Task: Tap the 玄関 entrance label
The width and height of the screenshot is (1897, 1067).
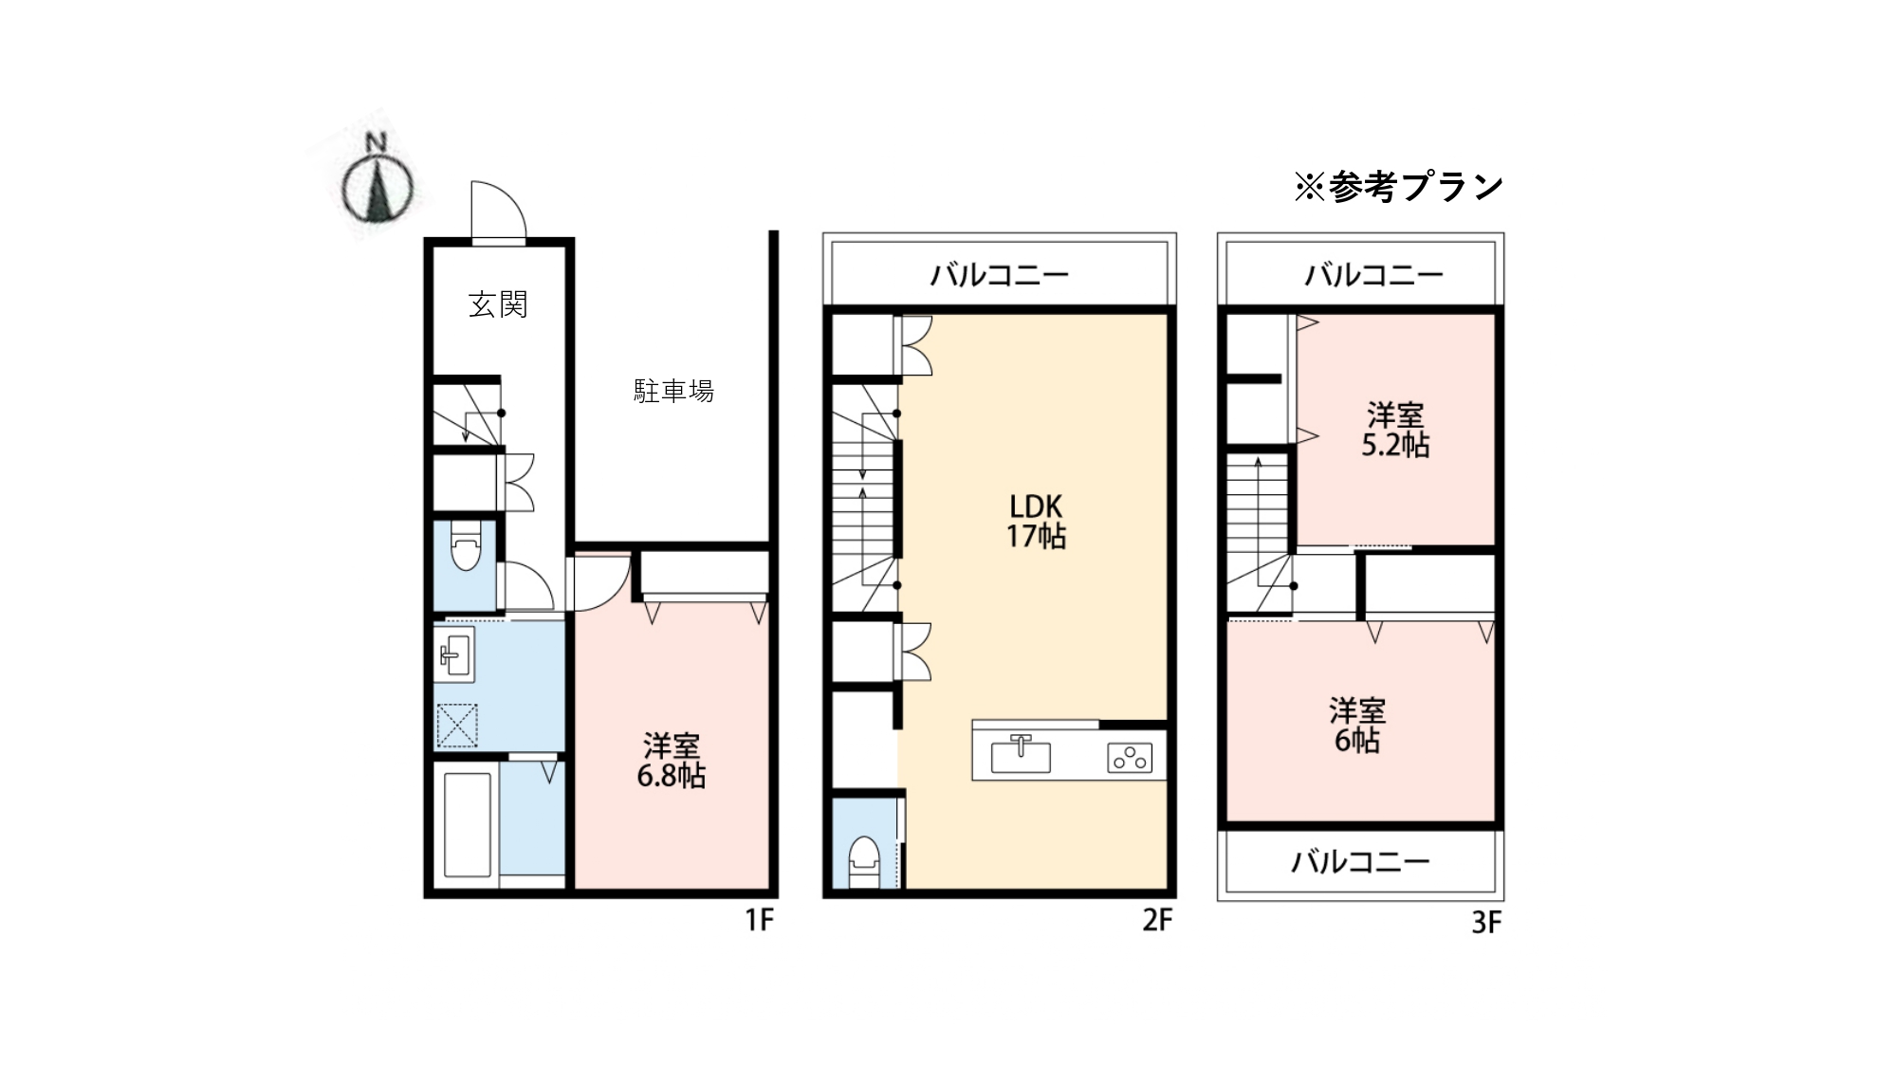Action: tap(498, 304)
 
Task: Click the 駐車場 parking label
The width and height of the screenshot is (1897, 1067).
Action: tap(673, 391)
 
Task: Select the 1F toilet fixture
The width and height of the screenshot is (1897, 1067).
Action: tap(465, 546)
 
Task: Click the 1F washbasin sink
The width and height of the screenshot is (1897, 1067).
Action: tap(456, 653)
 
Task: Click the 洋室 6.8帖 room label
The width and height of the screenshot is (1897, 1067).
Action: tap(672, 761)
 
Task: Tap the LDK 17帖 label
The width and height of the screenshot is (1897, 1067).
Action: tap(1036, 521)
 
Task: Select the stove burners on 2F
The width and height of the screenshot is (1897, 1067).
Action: tap(1130, 758)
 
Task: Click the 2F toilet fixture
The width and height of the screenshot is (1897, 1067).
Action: tap(864, 860)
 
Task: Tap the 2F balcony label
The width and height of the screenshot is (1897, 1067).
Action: tap(1000, 275)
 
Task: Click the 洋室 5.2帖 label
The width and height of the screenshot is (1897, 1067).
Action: tap(1395, 431)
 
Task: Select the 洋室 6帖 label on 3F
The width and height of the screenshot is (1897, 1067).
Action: tap(1357, 726)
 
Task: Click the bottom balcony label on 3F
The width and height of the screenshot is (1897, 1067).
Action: tap(1360, 862)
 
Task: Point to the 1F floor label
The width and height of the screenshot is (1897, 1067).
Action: tap(760, 920)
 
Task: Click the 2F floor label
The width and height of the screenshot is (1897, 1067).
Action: tap(1157, 920)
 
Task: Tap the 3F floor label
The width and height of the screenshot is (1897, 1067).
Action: tap(1486, 923)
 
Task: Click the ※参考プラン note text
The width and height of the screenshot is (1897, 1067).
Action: tap(1399, 187)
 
